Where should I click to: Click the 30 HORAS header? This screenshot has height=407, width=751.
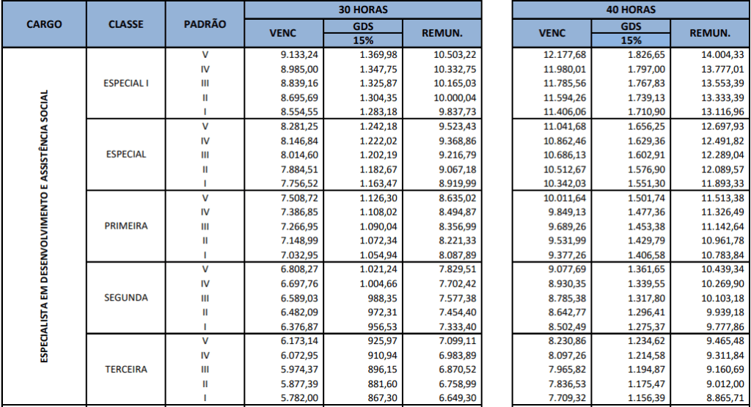364,10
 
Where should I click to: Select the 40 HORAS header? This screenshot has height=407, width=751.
631,10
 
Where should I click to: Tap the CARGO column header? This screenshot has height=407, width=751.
44,24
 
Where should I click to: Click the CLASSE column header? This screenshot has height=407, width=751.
125,24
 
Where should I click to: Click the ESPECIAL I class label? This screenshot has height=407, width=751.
126,83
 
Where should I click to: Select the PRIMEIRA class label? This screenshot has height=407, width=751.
126,226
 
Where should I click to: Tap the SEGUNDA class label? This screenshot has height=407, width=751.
126,298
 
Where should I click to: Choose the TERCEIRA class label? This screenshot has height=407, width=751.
126,369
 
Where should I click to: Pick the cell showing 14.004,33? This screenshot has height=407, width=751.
723,55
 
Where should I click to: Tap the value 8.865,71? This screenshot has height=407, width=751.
723,397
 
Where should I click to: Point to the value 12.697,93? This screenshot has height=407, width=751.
723,126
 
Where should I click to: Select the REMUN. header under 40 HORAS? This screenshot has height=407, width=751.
710,33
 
